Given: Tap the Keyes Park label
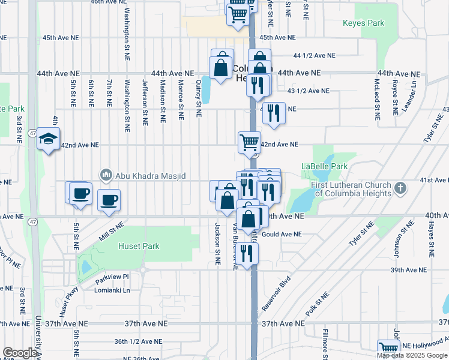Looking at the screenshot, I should [363, 23].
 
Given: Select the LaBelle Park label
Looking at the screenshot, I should [324, 166].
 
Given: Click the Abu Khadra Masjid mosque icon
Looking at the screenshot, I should [106, 175].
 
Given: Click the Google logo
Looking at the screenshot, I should [20, 353].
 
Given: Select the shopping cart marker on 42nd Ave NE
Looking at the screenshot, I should [249, 143].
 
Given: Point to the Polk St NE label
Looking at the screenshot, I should [317, 305].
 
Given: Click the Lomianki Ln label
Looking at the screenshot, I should [113, 290].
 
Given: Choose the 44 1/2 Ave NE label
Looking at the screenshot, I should [314, 55].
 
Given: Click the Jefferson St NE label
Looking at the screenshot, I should [145, 102].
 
